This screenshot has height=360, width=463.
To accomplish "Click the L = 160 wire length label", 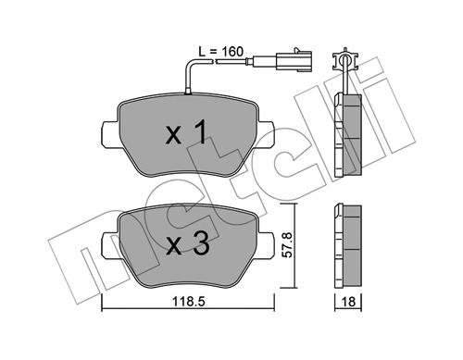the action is pyautogui.click(x=220, y=52).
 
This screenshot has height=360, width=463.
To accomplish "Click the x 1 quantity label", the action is pyautogui.click(x=186, y=133).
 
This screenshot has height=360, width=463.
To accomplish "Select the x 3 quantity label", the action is pyautogui.click(x=187, y=243).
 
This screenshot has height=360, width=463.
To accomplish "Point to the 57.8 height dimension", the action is pyautogui.click(x=288, y=245).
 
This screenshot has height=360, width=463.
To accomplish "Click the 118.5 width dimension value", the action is pyautogui.click(x=189, y=302).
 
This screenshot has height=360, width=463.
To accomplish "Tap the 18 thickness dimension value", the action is pyautogui.click(x=348, y=302).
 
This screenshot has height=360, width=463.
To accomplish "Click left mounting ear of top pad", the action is pyautogui.click(x=109, y=134).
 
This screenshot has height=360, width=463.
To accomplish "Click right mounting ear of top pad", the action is pyautogui.click(x=266, y=134).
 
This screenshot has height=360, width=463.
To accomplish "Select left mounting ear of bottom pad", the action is pyautogui.click(x=109, y=244).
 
